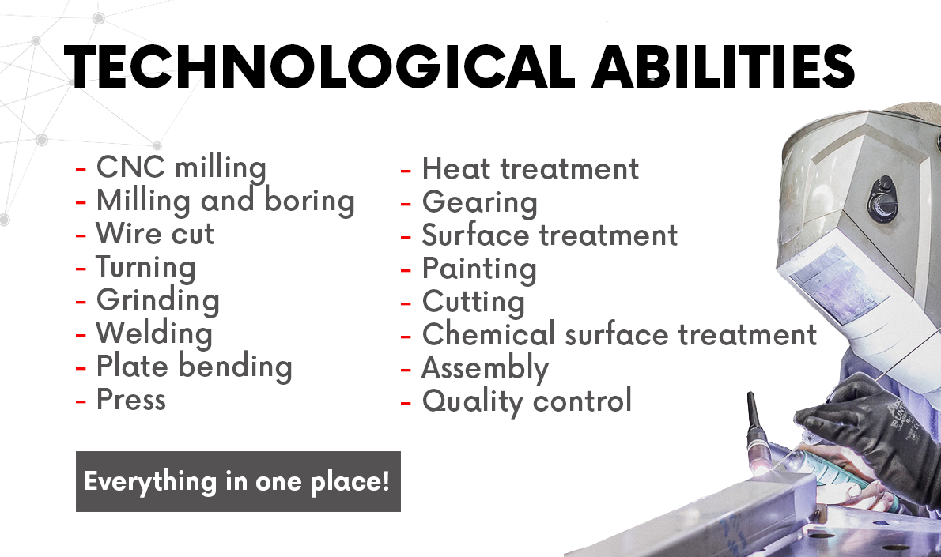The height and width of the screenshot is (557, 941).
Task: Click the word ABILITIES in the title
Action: click(x=724, y=66)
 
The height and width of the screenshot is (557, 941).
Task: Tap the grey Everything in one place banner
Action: click(x=238, y=481)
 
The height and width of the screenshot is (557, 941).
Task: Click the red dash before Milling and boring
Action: click(x=81, y=203)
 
